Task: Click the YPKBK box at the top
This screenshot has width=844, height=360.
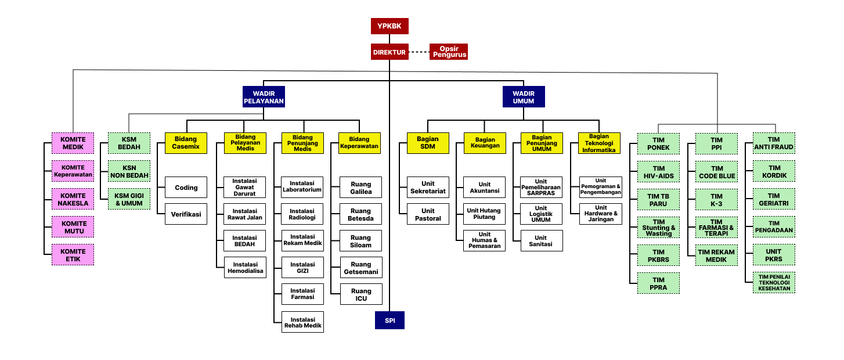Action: pos(389,26)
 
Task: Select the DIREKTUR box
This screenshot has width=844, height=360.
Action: pos(389,52)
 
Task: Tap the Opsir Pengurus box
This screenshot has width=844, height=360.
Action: pos(449,52)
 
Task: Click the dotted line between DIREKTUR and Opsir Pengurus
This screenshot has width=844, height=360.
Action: pos(419,52)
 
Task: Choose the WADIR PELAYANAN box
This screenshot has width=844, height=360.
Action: pos(264,96)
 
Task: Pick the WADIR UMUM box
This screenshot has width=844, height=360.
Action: pos(524,96)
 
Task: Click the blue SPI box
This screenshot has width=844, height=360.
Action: pos(389,321)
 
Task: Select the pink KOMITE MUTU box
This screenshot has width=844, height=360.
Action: pos(73,227)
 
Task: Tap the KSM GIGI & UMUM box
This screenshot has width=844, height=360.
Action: pos(129,199)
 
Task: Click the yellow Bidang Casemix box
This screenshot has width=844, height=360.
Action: pos(186,143)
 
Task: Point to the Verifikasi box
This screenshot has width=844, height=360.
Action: pos(186,214)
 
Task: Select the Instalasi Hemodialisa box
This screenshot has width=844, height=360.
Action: pos(245,267)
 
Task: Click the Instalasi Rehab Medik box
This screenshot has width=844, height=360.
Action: pos(302,322)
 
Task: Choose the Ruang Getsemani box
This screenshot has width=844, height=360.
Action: pos(361,267)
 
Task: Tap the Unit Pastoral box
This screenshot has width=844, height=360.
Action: pos(428,214)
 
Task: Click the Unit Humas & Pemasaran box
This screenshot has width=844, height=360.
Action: pos(485,241)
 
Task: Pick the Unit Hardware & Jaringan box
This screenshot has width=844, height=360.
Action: pos(601,214)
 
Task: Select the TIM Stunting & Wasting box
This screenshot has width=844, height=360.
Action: pos(658,227)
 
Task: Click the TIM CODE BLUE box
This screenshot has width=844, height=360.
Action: pos(716,171)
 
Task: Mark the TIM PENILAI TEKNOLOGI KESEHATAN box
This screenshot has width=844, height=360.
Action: pos(774,282)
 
